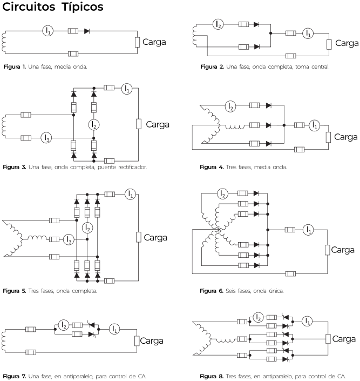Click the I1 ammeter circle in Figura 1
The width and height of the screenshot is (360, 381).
(x=48, y=31)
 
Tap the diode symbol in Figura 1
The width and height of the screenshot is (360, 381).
(x=87, y=31)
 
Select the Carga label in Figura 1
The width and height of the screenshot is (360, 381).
(x=154, y=42)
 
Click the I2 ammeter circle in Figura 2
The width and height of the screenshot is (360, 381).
(x=218, y=24)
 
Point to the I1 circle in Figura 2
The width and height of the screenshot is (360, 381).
(x=308, y=33)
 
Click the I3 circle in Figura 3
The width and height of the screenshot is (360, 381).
(x=46, y=138)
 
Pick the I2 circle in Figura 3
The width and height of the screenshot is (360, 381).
(x=94, y=125)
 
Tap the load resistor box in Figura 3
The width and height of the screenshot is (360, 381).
(x=139, y=124)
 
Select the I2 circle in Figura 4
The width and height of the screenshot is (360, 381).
(x=230, y=106)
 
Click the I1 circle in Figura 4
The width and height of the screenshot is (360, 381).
(x=314, y=125)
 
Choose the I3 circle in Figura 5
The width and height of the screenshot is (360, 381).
(x=69, y=239)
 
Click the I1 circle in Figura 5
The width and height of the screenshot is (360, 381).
(x=131, y=194)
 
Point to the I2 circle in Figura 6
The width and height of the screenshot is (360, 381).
(x=222, y=194)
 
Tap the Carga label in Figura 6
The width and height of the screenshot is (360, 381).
(x=343, y=250)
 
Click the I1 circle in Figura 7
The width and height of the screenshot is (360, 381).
(x=114, y=329)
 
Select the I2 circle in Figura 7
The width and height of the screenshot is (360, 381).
(x=64, y=325)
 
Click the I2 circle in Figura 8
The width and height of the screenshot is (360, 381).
(x=258, y=318)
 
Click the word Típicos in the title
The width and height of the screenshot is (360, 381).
(x=82, y=7)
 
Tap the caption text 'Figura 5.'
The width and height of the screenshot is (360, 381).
(x=15, y=291)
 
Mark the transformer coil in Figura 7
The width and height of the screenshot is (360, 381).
(x=3, y=340)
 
